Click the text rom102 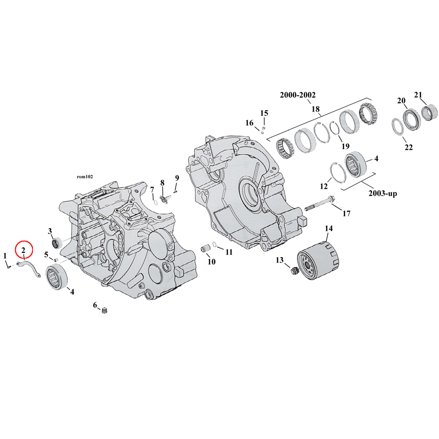[x=85, y=176]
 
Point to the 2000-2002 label [x=298, y=95]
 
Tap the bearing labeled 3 [x=56, y=241]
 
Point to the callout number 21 [x=418, y=94]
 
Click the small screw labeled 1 [x=9, y=266]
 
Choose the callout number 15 [x=264, y=113]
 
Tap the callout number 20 [x=401, y=101]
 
